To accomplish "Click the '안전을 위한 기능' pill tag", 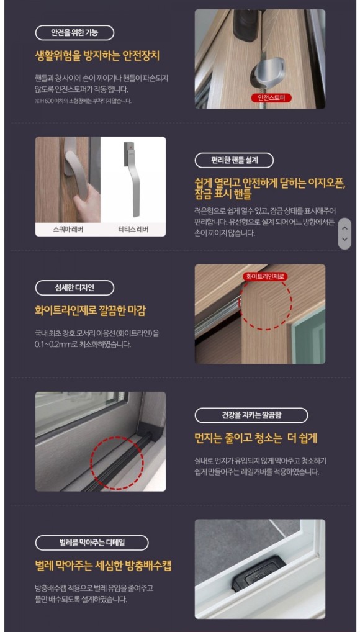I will click(x=74, y=33).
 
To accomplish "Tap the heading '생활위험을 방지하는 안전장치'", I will click(x=97, y=56).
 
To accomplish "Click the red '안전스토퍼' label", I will click(x=271, y=98).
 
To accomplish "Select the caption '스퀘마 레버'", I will click(x=68, y=229).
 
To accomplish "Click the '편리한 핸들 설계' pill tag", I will click(x=233, y=160).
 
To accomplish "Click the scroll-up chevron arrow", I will click(x=345, y=227).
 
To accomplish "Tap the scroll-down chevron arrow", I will click(x=345, y=240).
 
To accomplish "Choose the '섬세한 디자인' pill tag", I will click(x=74, y=287).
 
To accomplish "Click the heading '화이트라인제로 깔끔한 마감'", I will click(x=90, y=310).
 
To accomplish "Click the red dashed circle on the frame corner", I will click(x=265, y=304).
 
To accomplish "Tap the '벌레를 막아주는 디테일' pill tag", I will click(x=91, y=543).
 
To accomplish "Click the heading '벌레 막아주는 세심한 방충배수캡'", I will click(x=103, y=566).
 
